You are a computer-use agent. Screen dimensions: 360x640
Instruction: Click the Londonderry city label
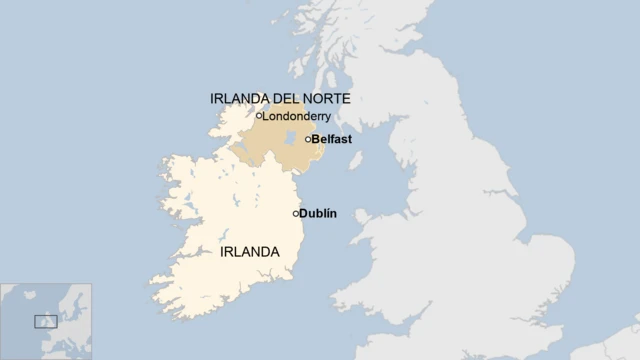[x=297, y=116]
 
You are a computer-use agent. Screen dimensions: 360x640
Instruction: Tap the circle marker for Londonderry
[x=258, y=115]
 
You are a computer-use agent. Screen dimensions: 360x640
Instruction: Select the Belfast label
[x=331, y=139]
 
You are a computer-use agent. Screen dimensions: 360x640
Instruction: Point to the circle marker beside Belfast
[x=308, y=139]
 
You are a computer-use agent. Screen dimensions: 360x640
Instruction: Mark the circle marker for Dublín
[x=296, y=213]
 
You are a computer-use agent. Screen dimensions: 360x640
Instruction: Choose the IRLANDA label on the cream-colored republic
[x=248, y=252]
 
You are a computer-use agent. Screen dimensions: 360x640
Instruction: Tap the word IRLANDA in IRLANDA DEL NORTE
[x=238, y=99]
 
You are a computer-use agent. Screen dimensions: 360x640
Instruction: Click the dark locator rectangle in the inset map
[x=46, y=321]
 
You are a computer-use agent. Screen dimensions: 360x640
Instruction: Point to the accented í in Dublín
[x=329, y=213]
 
